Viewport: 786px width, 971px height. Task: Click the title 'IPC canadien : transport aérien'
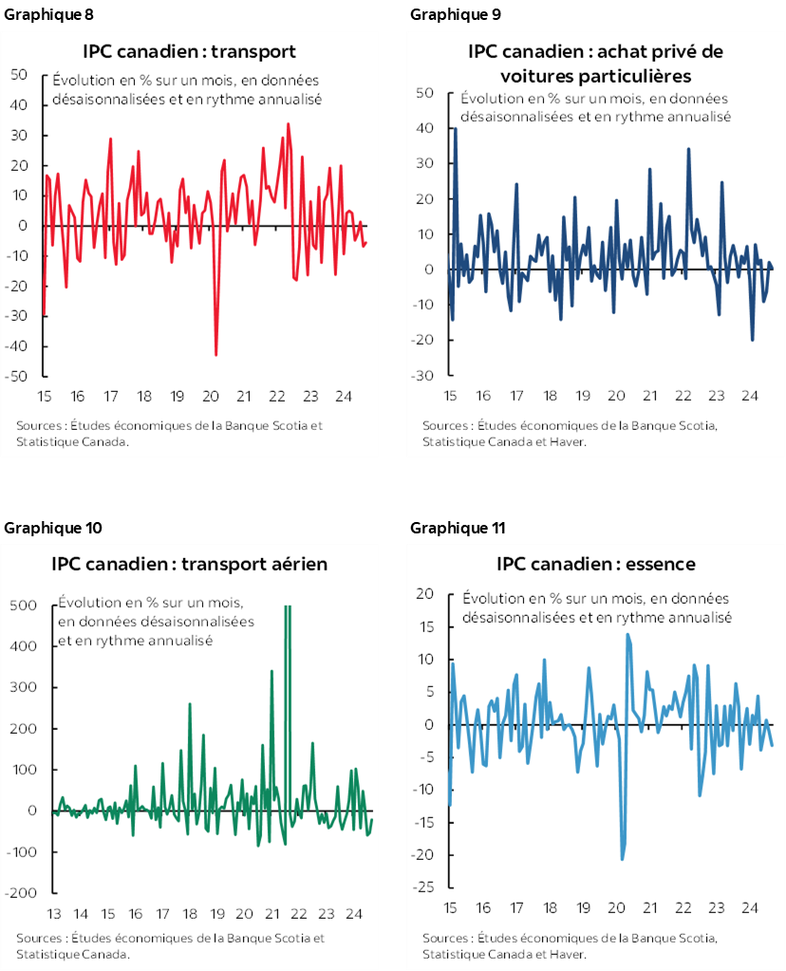189,564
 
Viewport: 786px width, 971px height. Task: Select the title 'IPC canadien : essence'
595,564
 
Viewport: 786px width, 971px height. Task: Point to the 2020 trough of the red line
216,355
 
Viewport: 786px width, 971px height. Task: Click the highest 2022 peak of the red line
288,123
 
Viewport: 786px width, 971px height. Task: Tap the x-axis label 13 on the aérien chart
53,915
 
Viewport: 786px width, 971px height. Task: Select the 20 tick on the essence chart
425,594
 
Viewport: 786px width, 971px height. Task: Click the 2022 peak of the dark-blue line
688,148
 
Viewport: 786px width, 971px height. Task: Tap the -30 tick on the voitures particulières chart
423,376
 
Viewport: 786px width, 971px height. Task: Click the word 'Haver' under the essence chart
567,954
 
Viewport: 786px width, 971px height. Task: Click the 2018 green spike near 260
190,704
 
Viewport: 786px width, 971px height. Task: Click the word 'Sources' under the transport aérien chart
38,939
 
